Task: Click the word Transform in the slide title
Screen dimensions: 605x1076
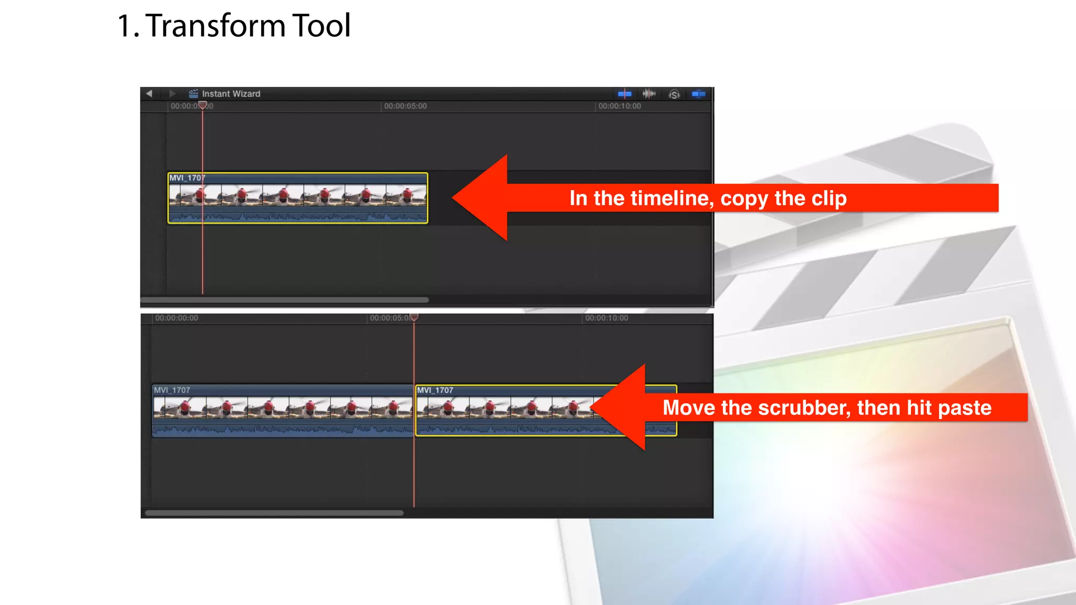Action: tap(215, 25)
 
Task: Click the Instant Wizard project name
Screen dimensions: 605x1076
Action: tap(231, 93)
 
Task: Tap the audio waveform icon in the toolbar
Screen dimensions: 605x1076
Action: tap(649, 93)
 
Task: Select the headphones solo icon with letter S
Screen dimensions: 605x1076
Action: tap(674, 94)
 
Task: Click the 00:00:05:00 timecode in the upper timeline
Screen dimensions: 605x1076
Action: tap(405, 106)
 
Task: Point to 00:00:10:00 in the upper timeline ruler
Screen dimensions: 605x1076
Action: tap(619, 106)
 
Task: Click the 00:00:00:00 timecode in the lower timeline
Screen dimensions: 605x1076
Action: tap(177, 318)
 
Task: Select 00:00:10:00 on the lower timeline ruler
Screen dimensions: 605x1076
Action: tap(606, 318)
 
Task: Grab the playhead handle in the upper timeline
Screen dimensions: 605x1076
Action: tap(203, 106)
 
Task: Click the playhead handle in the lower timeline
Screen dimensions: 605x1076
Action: tap(414, 317)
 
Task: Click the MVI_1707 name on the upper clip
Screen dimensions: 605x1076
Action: tap(187, 178)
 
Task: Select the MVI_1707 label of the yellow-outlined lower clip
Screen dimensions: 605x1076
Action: tap(435, 390)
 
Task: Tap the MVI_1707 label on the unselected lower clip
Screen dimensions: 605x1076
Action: tap(172, 390)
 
